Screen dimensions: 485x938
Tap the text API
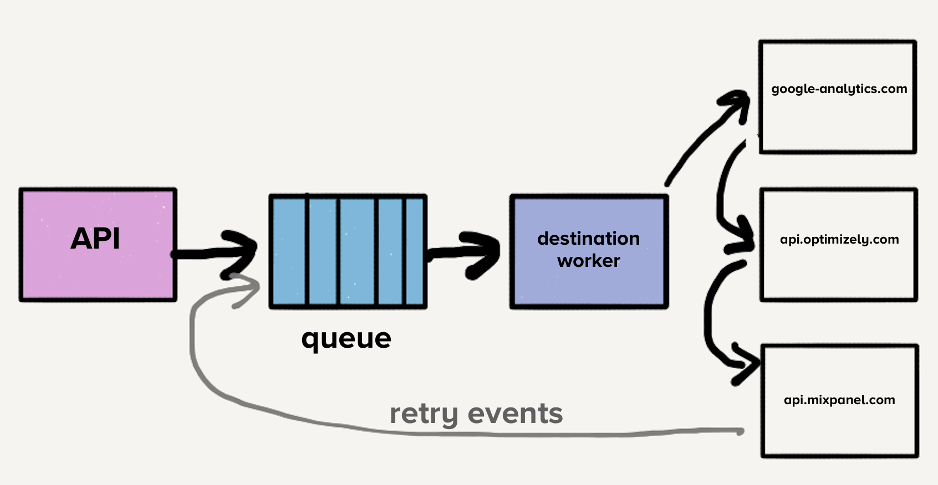click(95, 239)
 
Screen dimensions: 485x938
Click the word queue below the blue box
click(346, 338)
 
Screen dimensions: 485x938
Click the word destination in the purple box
click(588, 239)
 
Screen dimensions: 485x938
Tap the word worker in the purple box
click(588, 261)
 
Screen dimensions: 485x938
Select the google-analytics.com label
click(839, 89)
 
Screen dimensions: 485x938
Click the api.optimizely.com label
click(839, 240)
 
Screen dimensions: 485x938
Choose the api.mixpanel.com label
click(839, 400)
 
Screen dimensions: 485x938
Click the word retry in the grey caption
click(424, 414)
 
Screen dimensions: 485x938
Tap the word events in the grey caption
click(515, 414)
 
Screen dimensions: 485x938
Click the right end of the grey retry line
click(740, 431)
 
